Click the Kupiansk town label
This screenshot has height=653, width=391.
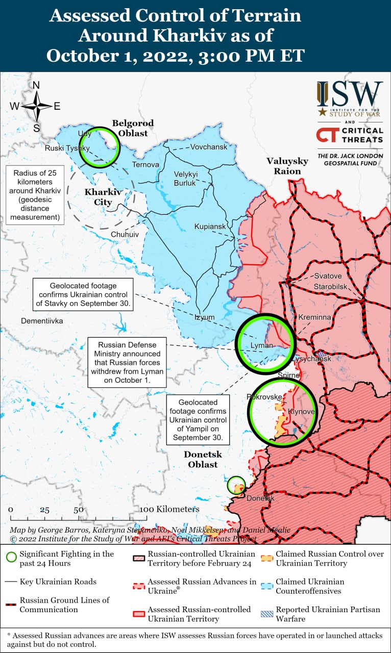209,227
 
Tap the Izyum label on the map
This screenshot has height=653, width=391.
205,317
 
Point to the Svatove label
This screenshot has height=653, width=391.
328,276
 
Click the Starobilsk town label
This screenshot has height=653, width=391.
330,286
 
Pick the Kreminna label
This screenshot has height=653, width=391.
315,317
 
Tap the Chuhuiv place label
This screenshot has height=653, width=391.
125,235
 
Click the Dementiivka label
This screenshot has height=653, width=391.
42,321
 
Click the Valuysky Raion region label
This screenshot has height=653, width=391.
287,166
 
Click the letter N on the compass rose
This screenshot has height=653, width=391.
36,85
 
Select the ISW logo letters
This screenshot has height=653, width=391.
350,94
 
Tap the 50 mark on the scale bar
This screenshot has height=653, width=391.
78,510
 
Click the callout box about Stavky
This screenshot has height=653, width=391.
83,294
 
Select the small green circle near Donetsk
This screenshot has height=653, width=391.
236,485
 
